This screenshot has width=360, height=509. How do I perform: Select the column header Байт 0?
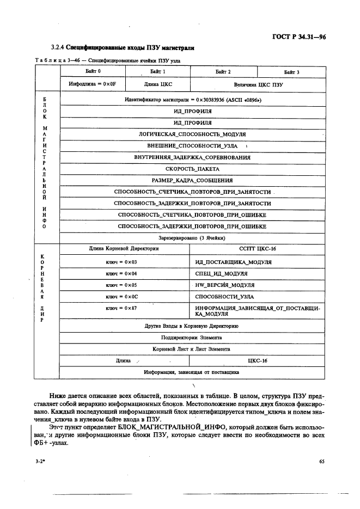93,71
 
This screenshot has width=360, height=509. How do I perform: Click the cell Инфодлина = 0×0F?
93,85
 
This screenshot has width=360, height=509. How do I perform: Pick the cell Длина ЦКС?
158,85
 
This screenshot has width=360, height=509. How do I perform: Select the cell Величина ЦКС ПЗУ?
259,85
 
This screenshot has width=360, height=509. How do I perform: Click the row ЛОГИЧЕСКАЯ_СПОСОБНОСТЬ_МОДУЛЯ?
192,134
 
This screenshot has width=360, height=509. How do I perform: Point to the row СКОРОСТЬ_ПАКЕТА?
192,169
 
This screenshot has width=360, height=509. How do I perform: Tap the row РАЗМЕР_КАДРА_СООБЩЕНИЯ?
192,180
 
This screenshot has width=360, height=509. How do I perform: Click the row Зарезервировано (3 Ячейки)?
192,238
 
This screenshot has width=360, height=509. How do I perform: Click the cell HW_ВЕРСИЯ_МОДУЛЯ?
224,285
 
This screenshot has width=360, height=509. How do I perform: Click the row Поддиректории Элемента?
192,338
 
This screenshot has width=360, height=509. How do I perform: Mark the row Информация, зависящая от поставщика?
192,372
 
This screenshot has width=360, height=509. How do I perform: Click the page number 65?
321,462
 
